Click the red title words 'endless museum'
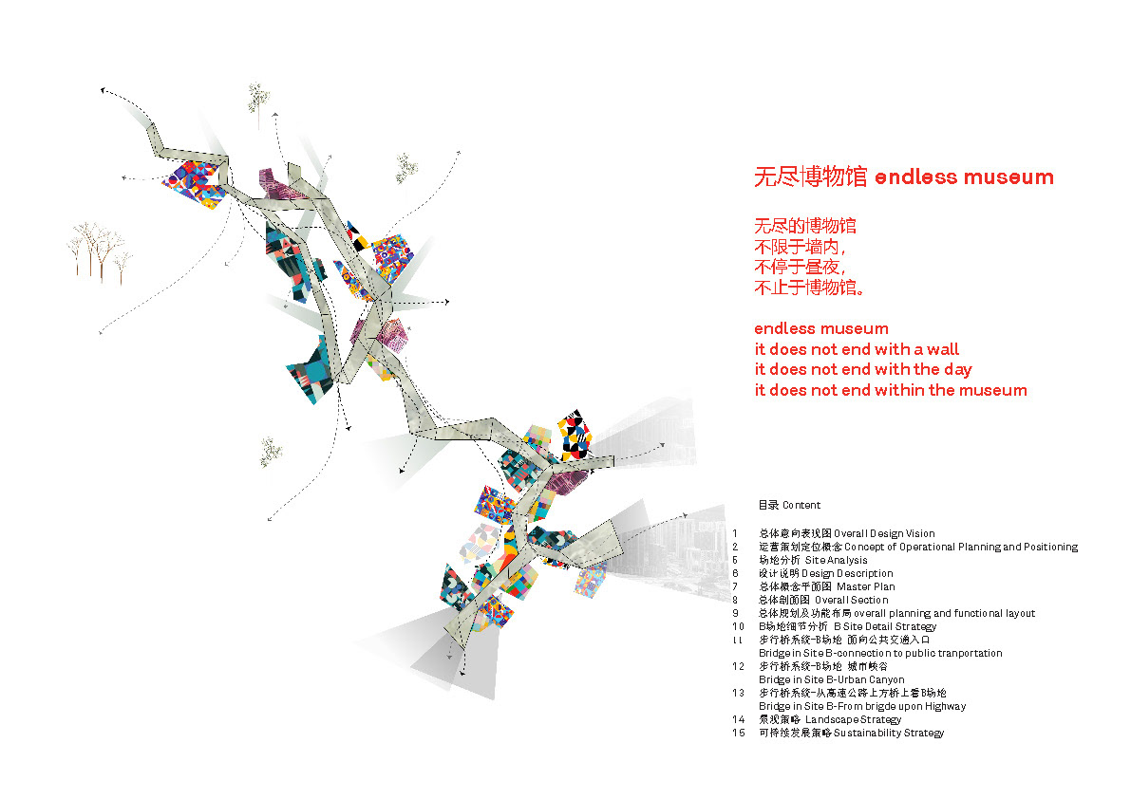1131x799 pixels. [x=963, y=177]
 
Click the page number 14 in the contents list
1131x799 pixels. [x=739, y=719]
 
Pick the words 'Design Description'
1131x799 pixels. [x=847, y=573]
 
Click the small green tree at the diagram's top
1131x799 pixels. [x=257, y=98]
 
